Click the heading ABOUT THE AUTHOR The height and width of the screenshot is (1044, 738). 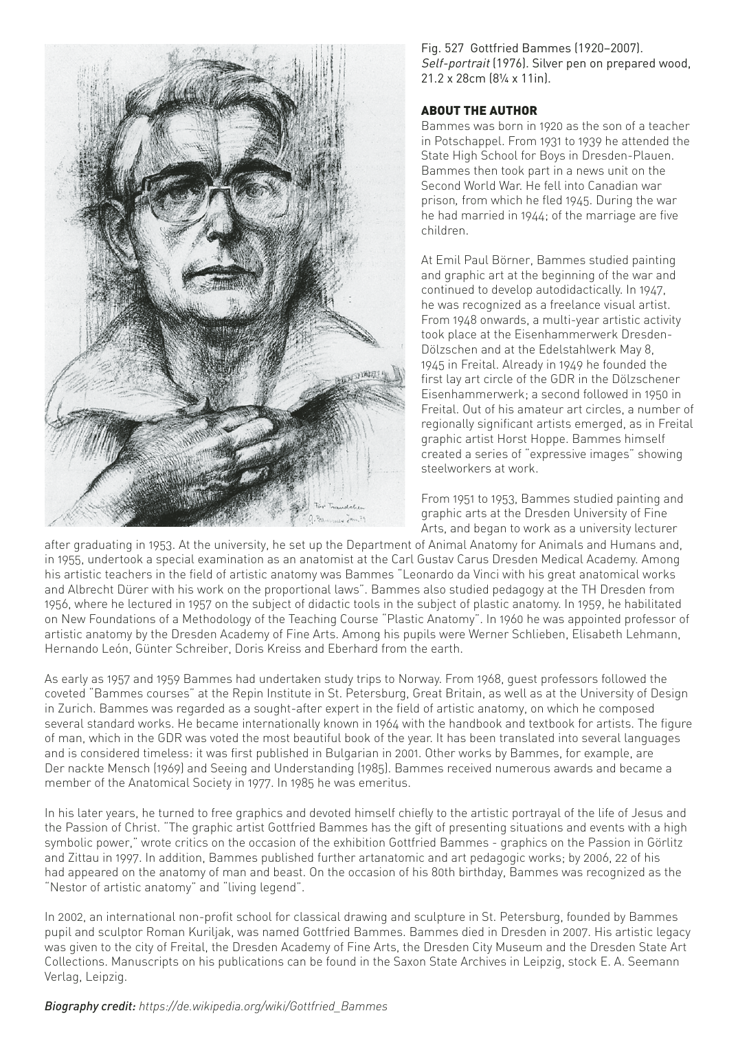tap(479, 111)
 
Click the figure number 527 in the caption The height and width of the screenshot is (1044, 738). tap(454, 50)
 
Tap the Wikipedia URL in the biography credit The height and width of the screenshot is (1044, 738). tap(263, 1006)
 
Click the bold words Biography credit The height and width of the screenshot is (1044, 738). tap(90, 1006)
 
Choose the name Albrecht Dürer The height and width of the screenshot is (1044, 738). tap(109, 589)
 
